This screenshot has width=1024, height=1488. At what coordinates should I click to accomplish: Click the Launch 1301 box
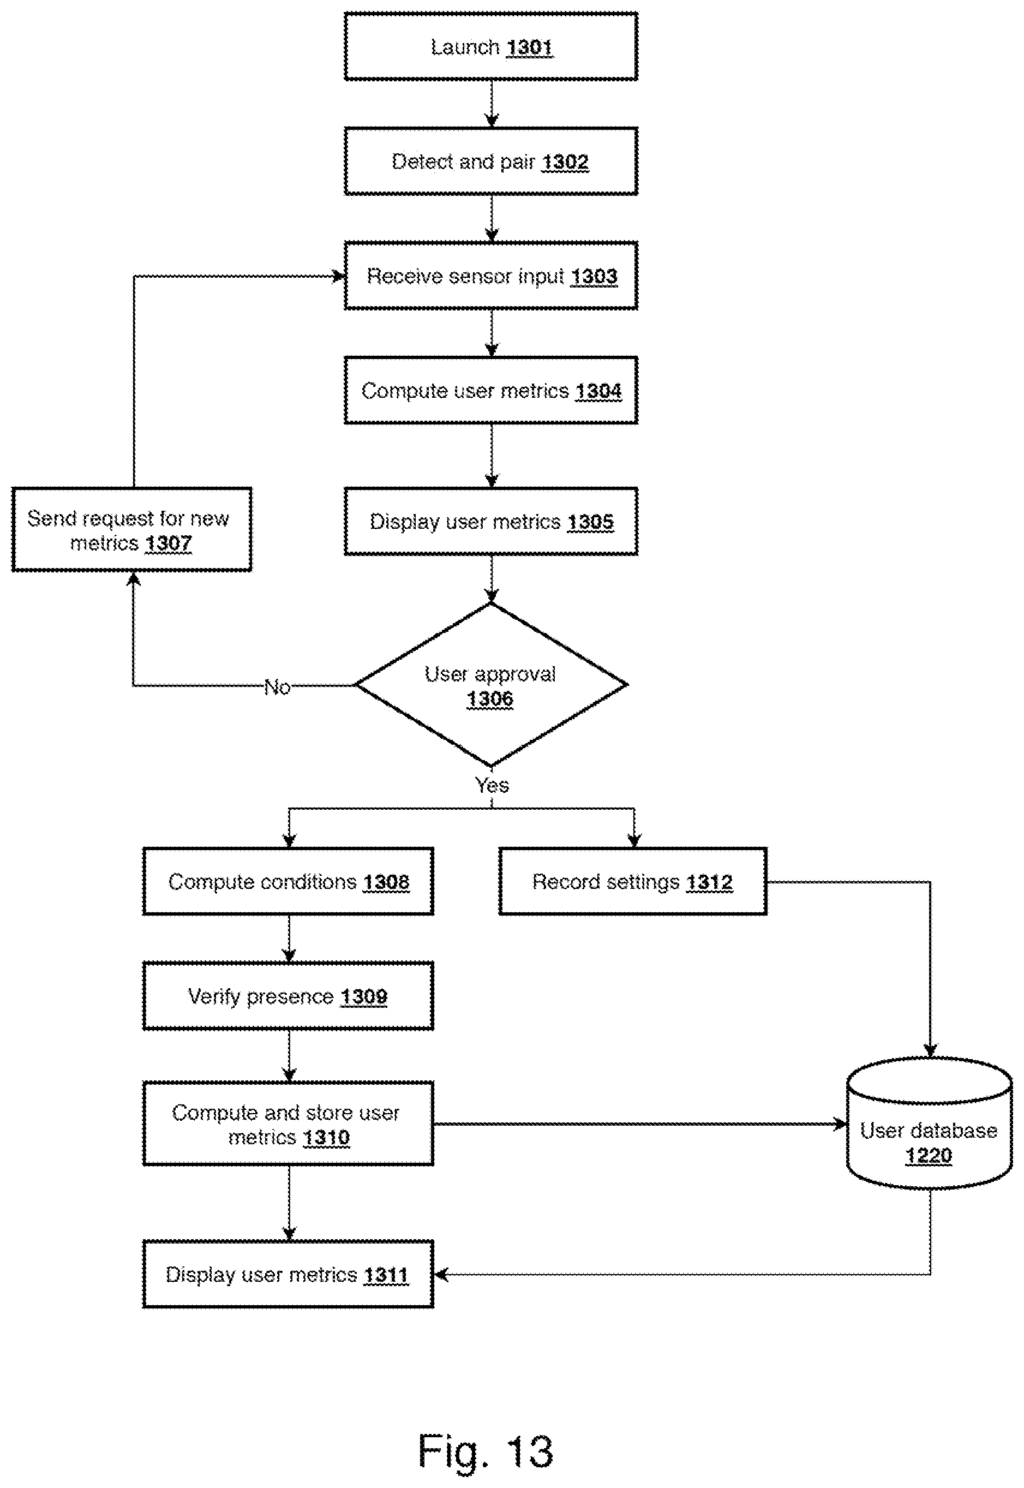coord(491,46)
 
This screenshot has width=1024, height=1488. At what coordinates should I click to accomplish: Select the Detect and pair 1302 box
coord(491,161)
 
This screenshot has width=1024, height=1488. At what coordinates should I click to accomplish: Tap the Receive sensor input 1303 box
coord(491,276)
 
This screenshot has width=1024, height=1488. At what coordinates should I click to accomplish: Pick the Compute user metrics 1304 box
coord(491,390)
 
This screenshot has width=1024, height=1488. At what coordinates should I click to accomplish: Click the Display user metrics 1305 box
coord(491,521)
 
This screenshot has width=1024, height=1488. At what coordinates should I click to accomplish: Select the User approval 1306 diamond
coord(491,685)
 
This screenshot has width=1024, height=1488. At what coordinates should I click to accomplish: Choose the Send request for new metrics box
coord(131,529)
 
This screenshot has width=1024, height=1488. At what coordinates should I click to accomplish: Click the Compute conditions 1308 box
coord(288,881)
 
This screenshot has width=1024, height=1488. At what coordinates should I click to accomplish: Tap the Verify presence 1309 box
coord(288,996)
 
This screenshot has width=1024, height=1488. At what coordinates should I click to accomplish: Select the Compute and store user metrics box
coord(288,1124)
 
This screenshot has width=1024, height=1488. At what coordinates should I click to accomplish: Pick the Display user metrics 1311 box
coord(288,1274)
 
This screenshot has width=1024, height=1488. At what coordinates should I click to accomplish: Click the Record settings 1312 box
coord(633,881)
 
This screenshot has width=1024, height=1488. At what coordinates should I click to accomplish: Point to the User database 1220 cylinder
coord(929,1124)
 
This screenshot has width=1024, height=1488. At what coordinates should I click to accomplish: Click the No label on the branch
coord(277,687)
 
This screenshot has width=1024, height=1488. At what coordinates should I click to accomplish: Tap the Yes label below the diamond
coord(492,785)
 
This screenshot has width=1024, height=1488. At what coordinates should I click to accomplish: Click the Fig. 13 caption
coord(486,1451)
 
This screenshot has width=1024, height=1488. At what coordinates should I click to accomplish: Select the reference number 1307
coord(168,543)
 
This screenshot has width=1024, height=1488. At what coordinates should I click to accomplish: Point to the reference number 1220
coord(929,1156)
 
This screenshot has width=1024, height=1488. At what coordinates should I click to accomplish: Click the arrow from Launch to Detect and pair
coord(492,103)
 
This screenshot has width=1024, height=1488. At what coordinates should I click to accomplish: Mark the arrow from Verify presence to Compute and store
coord(289,1055)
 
